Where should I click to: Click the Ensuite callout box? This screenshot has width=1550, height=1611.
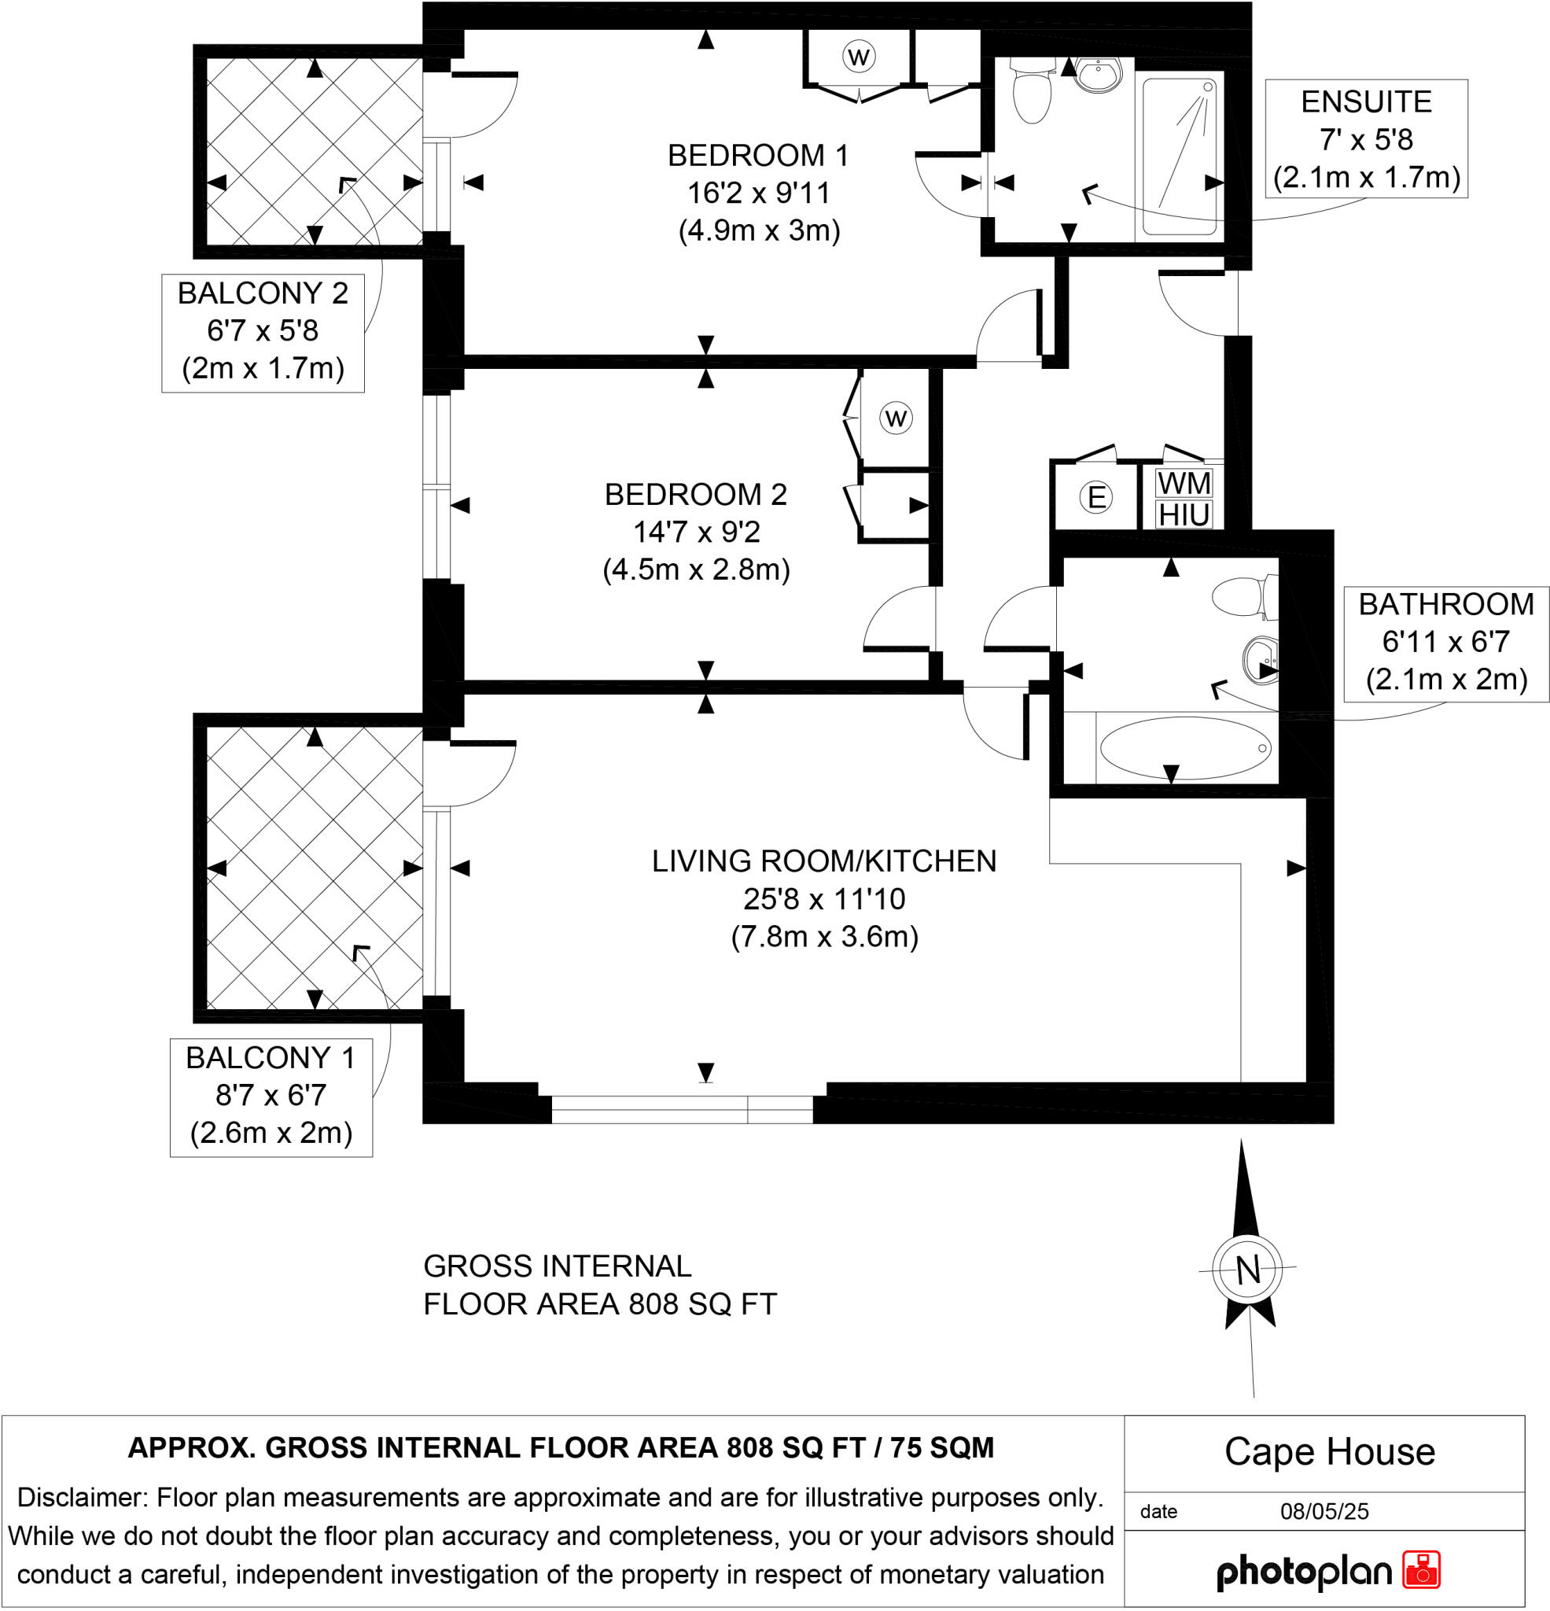coord(1366,139)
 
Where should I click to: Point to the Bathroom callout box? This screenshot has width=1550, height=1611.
coord(1445,642)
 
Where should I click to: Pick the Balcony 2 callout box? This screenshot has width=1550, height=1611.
coord(262,331)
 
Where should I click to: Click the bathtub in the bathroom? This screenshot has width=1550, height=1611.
coord(1184,747)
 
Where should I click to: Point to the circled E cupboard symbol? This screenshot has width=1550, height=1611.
coord(1095,497)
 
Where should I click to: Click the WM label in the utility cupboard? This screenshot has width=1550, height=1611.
coord(1184,482)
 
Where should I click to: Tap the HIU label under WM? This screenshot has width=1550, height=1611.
coord(1184,515)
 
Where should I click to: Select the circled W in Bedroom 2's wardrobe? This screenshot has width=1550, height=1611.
coord(895,418)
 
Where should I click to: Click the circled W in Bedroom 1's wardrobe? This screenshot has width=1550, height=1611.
coord(858,57)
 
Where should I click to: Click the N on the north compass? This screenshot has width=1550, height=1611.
coord(1247,1270)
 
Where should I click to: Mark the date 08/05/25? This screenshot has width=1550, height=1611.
coord(1324,1512)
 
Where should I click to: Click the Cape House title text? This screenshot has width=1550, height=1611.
coord(1329,1452)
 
